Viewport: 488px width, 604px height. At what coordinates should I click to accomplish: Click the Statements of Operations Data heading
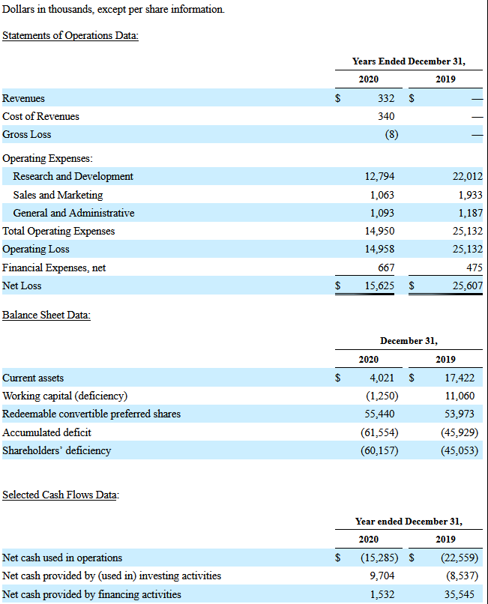70,35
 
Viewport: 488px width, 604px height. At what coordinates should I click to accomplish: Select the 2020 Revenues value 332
386,98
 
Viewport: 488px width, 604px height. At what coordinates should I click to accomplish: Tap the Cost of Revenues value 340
386,116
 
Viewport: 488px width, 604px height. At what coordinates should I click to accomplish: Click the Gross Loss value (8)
391,134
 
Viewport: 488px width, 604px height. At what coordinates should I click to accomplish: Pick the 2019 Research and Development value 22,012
468,176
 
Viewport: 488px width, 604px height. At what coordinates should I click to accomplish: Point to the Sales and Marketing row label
58,195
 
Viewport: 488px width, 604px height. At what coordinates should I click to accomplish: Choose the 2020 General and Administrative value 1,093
382,213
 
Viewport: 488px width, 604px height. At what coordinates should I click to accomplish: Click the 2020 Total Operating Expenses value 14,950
380,231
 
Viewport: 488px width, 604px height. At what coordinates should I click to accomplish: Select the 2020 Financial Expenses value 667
386,268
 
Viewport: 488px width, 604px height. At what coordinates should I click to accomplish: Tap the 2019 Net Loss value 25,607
468,286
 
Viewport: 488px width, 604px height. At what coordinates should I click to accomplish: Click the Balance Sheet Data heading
46,315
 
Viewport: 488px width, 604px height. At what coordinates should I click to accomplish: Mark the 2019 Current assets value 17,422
460,378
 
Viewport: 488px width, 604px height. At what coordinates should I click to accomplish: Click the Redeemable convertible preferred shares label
91,414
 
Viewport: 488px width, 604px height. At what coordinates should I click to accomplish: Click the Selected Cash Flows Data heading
61,495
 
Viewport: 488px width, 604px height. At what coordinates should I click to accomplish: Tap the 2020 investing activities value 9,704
382,576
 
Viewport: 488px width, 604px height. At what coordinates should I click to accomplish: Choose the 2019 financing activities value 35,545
460,594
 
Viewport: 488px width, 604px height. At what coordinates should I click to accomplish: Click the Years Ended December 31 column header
409,61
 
